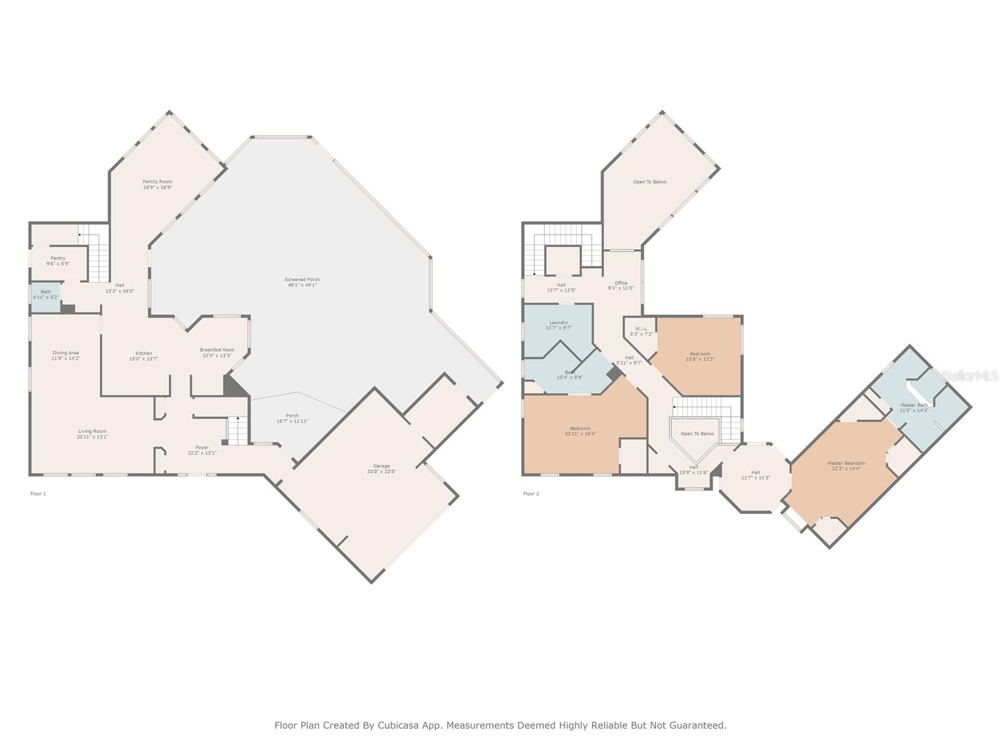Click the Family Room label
[157, 181]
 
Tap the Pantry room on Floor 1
[58, 258]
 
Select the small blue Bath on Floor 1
[46, 294]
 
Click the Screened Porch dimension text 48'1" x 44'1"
[302, 285]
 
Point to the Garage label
[381, 466]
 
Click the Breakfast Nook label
[216, 350]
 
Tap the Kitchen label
[143, 354]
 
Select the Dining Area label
[65, 353]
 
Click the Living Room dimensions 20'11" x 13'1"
[92, 437]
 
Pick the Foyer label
[201, 447]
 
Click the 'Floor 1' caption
[38, 494]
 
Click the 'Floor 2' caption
[531, 494]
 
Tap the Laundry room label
[558, 322]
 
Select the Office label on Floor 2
[621, 283]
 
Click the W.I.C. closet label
[641, 329]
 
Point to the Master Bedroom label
[846, 463]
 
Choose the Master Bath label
[913, 405]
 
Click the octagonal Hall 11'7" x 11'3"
[755, 475]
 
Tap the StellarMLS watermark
[970, 375]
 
